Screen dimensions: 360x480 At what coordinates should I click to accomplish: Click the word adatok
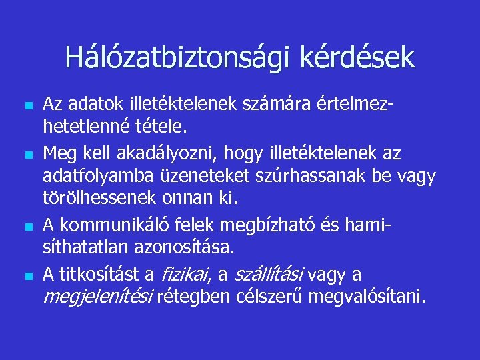91,104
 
